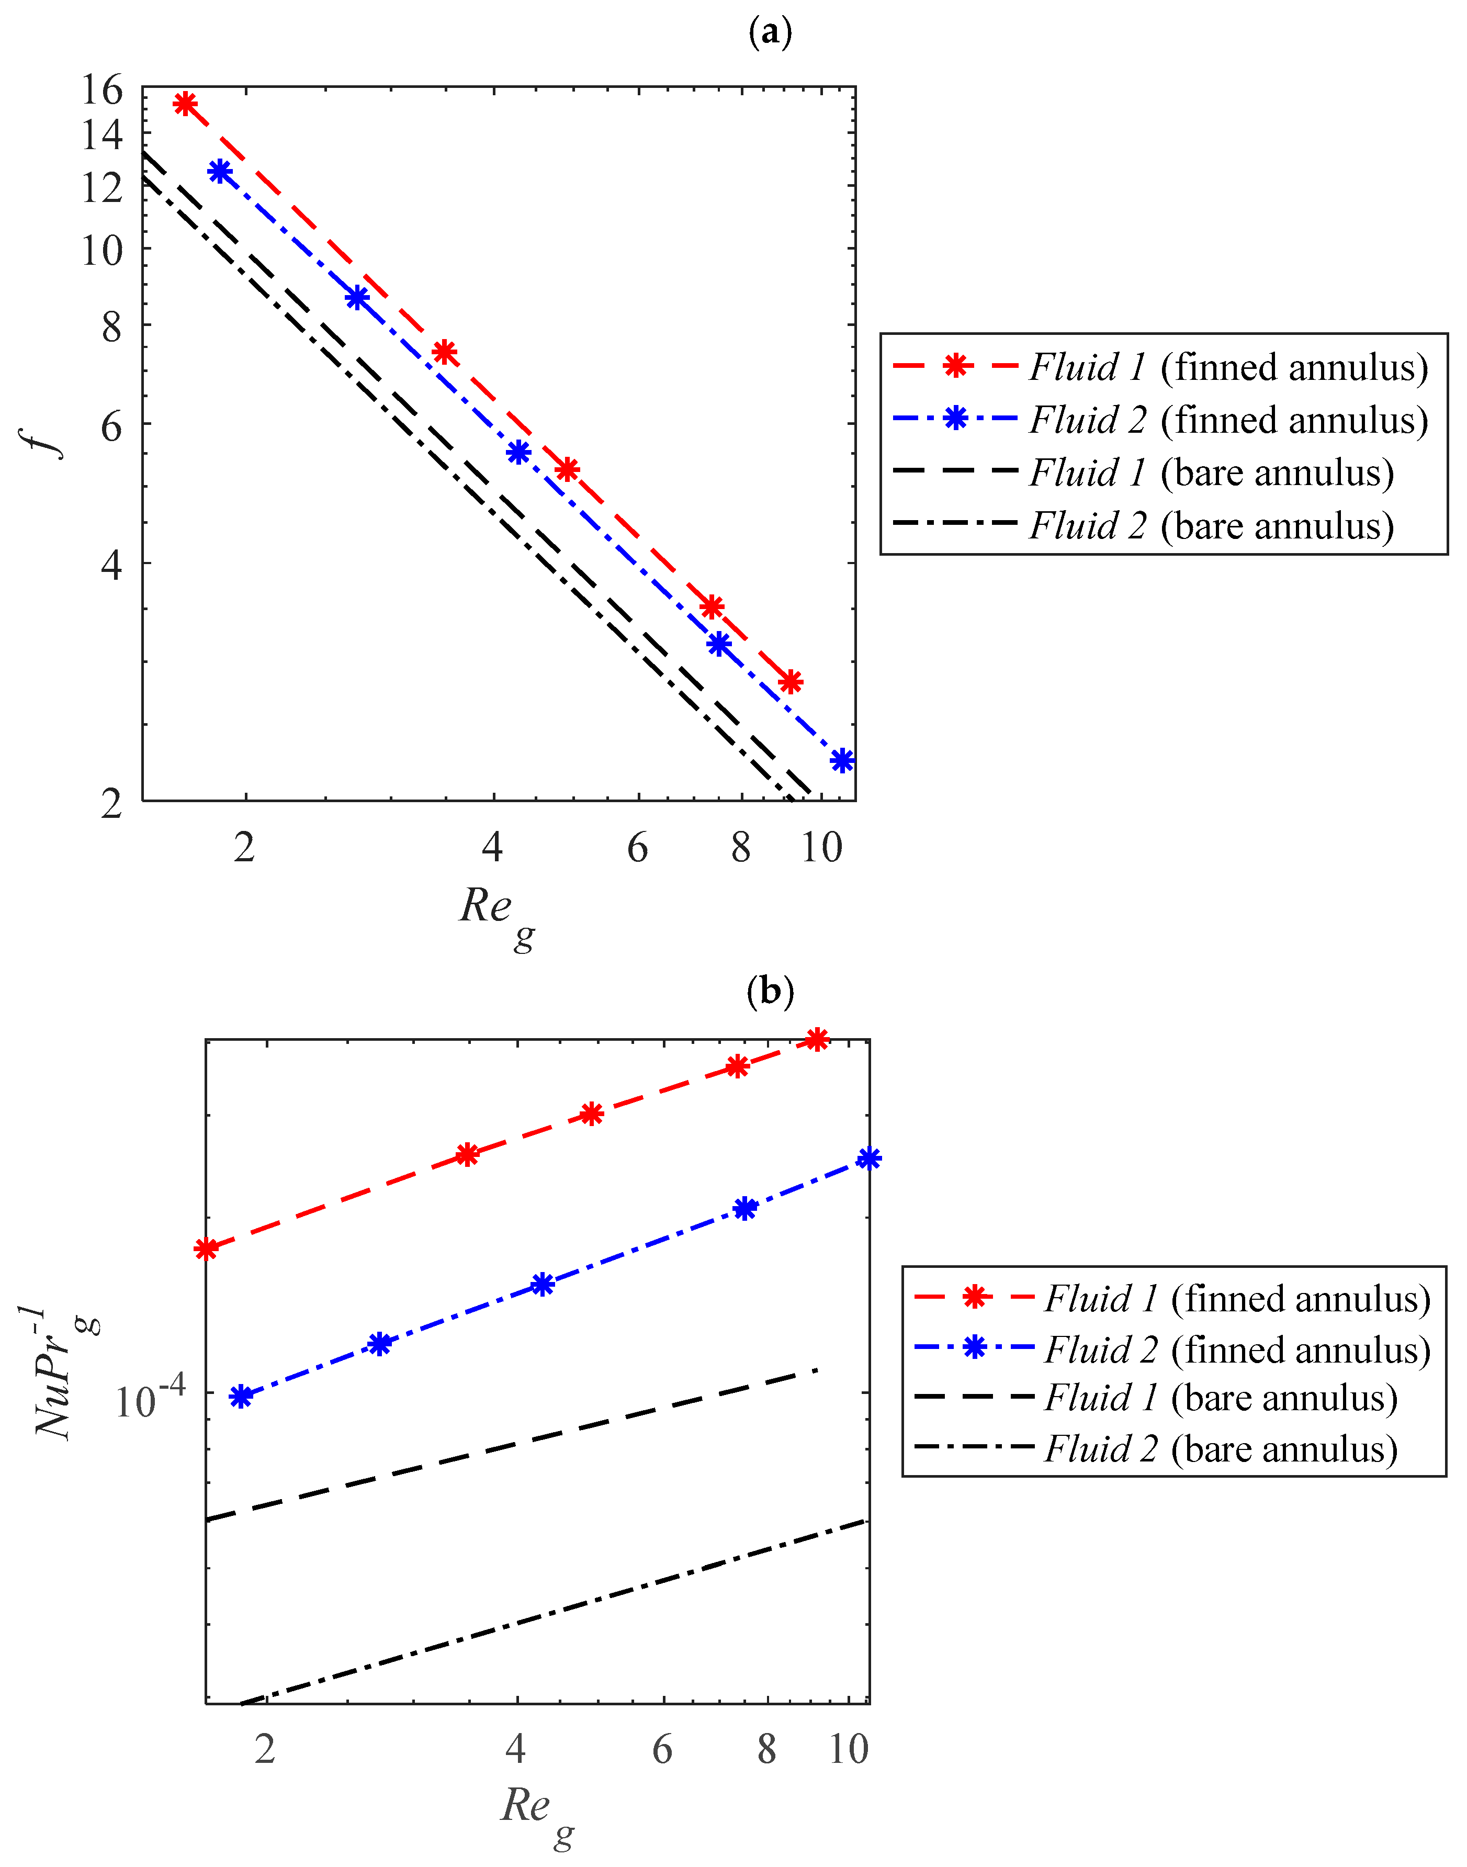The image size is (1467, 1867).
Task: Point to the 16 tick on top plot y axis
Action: point(102,89)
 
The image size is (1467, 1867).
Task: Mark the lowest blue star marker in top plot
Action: point(842,760)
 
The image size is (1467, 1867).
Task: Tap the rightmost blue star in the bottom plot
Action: point(869,1159)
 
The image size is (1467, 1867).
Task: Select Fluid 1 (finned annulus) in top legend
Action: point(1228,367)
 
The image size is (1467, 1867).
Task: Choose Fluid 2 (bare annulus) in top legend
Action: point(1211,525)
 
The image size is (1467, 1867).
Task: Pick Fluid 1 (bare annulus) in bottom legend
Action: point(1220,1398)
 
